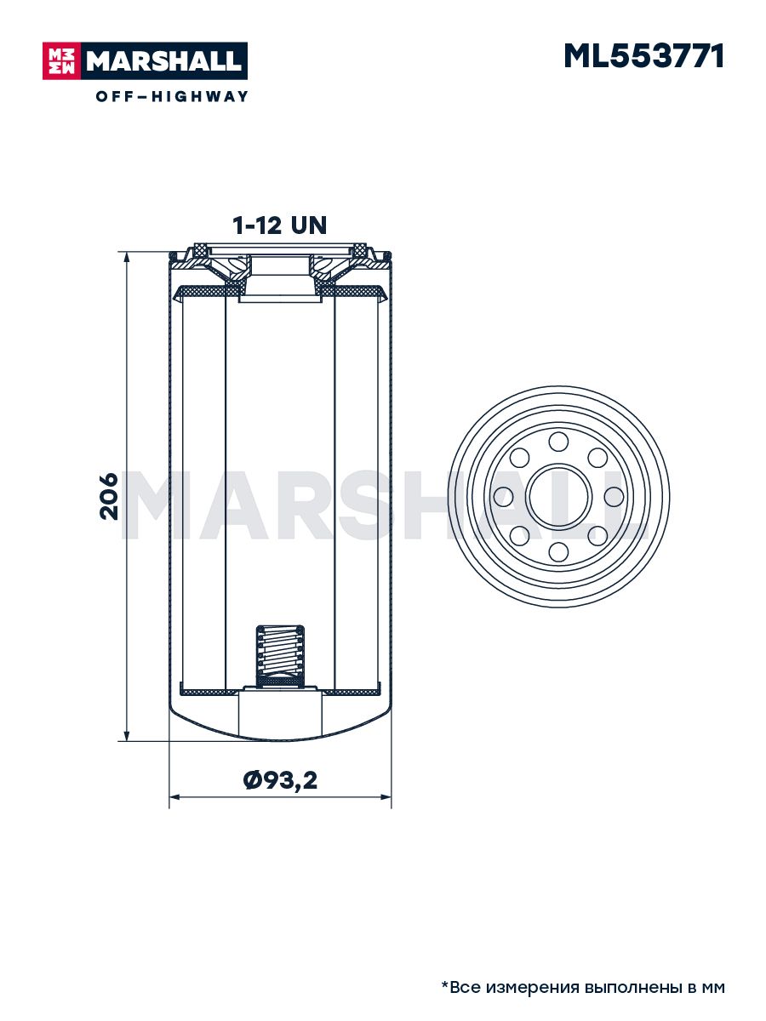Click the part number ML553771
pyautogui.click(x=643, y=56)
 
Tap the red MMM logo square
pyautogui.click(x=62, y=61)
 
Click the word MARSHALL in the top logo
pyautogui.click(x=164, y=61)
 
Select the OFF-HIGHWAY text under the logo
pyautogui.click(x=172, y=96)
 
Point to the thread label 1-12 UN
pyautogui.click(x=279, y=225)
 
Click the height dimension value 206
pyautogui.click(x=109, y=496)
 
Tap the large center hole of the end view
pyautogui.click(x=558, y=497)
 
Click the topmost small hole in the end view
pyautogui.click(x=558, y=442)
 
